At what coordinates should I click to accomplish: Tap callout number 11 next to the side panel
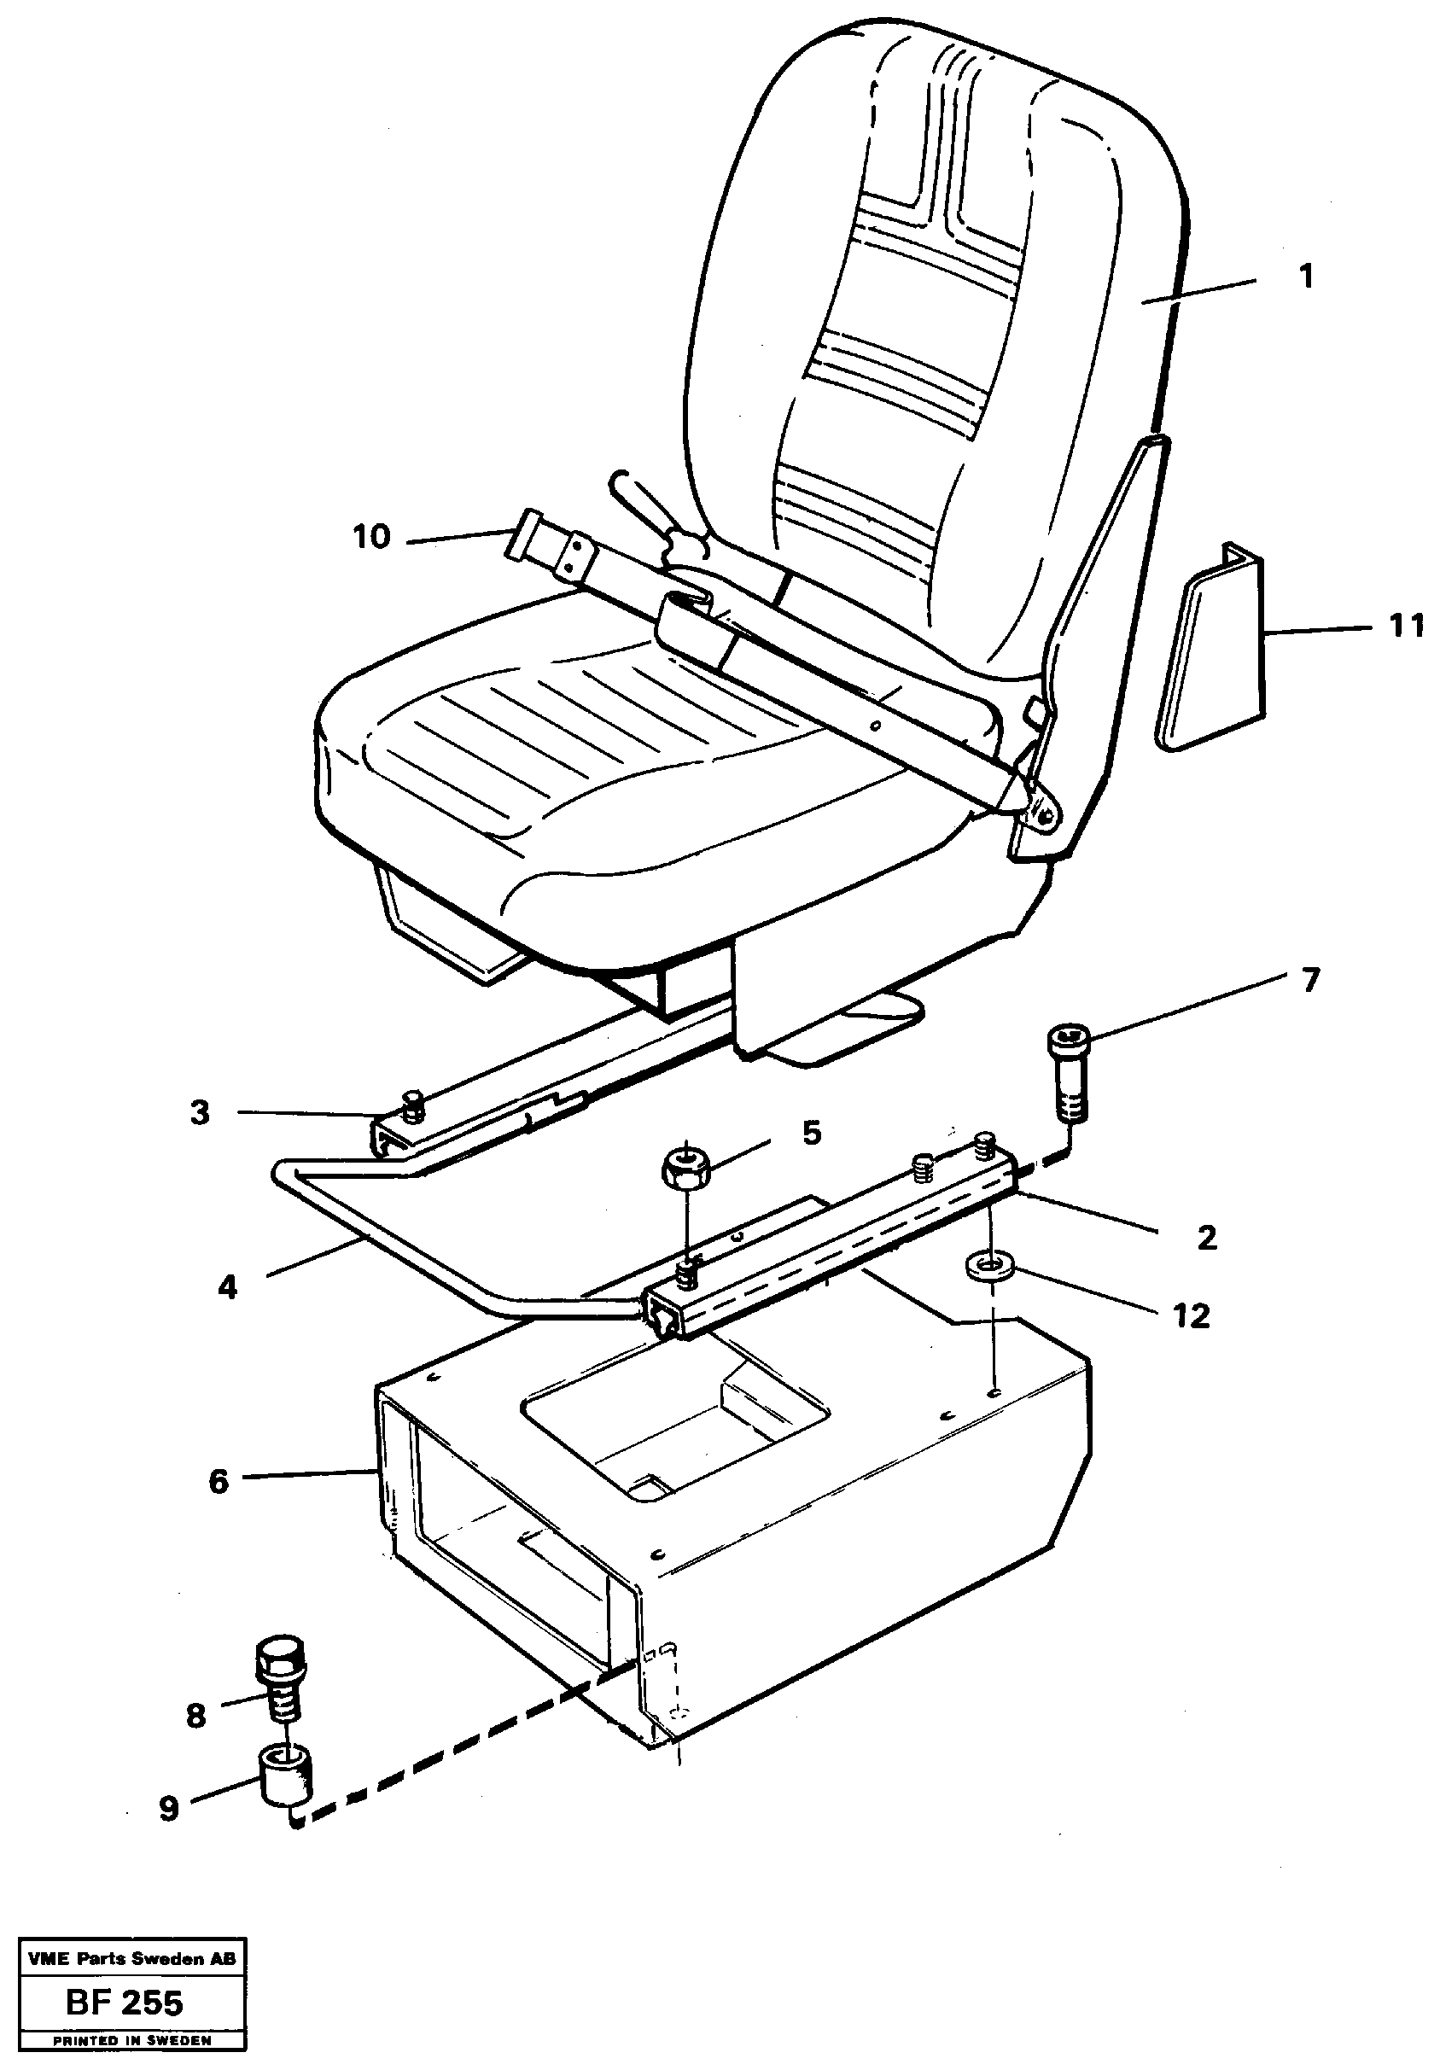click(x=1405, y=625)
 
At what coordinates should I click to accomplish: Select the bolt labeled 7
click(x=1069, y=1075)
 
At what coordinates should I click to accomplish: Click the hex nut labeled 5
click(x=687, y=1169)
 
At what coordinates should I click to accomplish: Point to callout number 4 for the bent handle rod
click(x=227, y=1287)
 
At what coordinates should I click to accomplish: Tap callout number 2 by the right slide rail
click(x=1206, y=1238)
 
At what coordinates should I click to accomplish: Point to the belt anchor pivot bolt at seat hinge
click(x=1045, y=816)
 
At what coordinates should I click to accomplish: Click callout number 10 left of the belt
click(x=371, y=537)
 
